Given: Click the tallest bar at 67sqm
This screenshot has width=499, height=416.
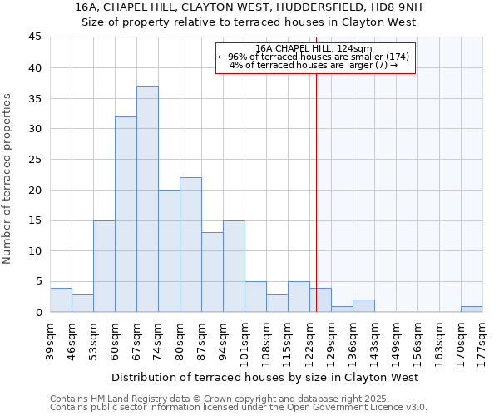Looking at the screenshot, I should [147, 199].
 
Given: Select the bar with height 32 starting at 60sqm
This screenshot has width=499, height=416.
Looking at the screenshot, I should [126, 214].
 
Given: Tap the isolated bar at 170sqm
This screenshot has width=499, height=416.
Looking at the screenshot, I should [472, 309].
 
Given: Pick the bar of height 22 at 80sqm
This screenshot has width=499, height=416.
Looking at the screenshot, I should [190, 245].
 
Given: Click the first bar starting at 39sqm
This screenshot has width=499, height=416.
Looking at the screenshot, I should [61, 300].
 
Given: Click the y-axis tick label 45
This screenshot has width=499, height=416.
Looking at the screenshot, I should [35, 37].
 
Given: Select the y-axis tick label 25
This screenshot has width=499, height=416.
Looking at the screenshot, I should [35, 160].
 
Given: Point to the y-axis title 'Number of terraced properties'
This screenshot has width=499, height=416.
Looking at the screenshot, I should [8, 179].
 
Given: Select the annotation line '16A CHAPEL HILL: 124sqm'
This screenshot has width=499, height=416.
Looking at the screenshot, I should [314, 48].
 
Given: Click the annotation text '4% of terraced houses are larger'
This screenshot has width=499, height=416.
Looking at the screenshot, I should [314, 65].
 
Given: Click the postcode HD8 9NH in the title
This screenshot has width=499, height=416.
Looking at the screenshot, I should [382, 7].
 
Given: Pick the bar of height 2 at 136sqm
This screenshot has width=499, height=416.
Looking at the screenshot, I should [363, 305].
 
